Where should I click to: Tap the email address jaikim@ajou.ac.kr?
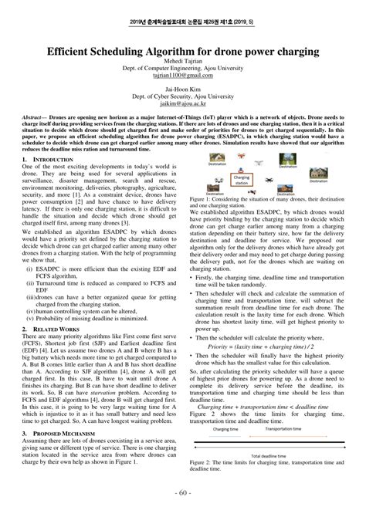[x=183, y=101]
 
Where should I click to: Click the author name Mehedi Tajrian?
[x=183, y=61]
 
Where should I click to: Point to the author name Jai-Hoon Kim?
[x=183, y=88]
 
